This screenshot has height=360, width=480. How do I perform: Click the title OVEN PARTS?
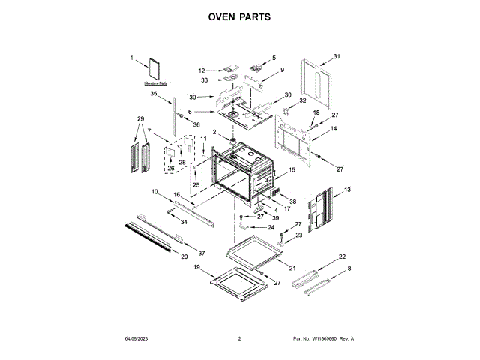coord(239,16)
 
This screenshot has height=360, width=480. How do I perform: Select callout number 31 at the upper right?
coord(337,56)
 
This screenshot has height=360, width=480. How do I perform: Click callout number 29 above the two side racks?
coord(139,119)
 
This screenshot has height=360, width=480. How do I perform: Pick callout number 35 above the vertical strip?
coord(153,94)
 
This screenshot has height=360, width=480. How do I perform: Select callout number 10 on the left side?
coord(154,192)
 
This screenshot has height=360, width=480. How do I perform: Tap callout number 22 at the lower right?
coord(342,256)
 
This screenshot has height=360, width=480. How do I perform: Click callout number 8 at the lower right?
coord(349,268)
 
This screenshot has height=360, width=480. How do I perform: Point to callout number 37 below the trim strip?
coord(200,253)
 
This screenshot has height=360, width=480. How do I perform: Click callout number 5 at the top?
coord(274,58)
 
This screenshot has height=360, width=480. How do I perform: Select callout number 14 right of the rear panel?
coord(334,129)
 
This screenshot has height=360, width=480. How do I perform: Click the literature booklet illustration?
coord(156,67)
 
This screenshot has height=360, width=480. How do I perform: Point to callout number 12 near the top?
coord(202,70)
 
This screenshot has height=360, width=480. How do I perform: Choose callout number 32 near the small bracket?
coord(303,100)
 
